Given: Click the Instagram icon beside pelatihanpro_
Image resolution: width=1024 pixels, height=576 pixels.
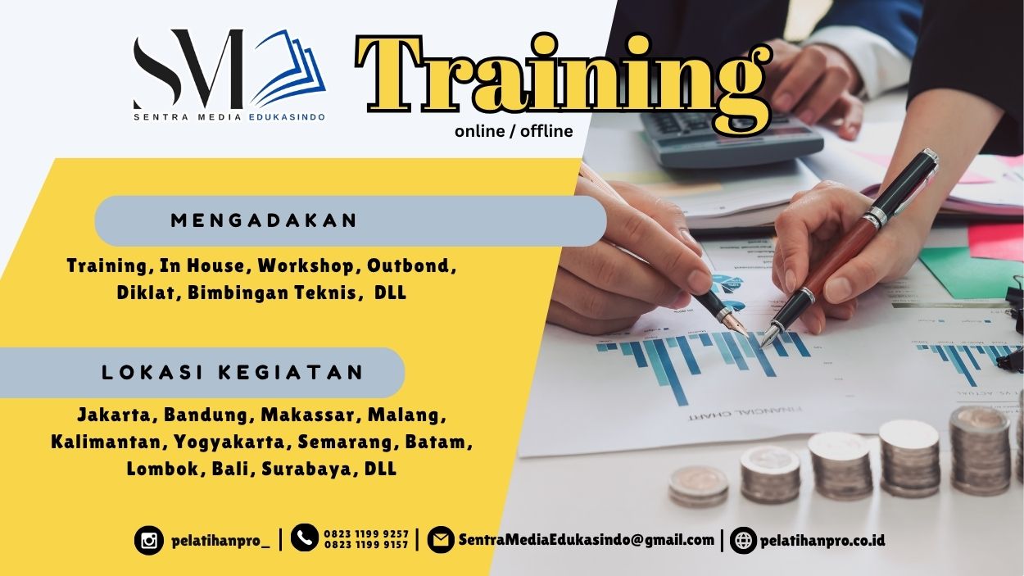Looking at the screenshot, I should (x=149, y=541).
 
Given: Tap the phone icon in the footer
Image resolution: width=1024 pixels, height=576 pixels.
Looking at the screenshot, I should (x=305, y=538).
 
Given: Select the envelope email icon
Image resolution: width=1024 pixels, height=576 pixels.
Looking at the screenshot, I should (x=441, y=540).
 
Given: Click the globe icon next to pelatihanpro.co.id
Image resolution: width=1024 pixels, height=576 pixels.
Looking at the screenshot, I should (x=743, y=541).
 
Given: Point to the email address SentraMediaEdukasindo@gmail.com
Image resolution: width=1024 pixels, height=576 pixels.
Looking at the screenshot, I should (x=586, y=540).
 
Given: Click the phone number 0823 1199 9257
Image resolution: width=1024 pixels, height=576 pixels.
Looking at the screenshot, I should (x=366, y=534).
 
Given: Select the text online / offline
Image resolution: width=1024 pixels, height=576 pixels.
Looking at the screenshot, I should (x=514, y=131).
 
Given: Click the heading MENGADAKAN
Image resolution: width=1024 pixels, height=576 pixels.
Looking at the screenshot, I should (x=265, y=220).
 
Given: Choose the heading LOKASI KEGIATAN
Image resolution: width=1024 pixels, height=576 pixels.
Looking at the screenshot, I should (x=233, y=373).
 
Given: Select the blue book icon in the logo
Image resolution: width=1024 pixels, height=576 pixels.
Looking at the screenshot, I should (x=287, y=71).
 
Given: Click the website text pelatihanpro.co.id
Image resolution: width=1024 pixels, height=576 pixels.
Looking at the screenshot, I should (x=822, y=541).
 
